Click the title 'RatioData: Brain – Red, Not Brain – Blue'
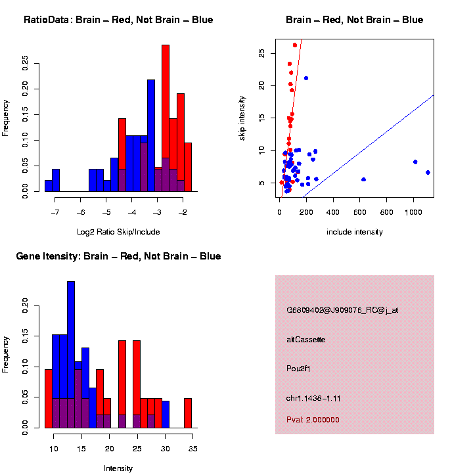pos(118,20)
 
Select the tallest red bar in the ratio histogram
pos(166,118)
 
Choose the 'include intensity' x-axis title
pos(355,231)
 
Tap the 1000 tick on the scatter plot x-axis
pos(414,213)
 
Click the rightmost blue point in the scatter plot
pos(428,172)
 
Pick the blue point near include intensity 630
pos(363,179)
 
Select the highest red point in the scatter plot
pos(295,45)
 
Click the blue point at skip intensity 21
pos(306,78)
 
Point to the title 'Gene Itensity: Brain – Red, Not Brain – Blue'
pos(118,256)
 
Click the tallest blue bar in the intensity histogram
pos(71,355)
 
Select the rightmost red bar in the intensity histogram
pos(188,413)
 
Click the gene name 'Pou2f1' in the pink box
pos(298,369)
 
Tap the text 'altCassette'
pos(306,340)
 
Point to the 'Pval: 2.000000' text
pos(313,420)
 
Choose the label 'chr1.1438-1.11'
pos(313,398)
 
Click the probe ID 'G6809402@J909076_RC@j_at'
pos(342,310)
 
